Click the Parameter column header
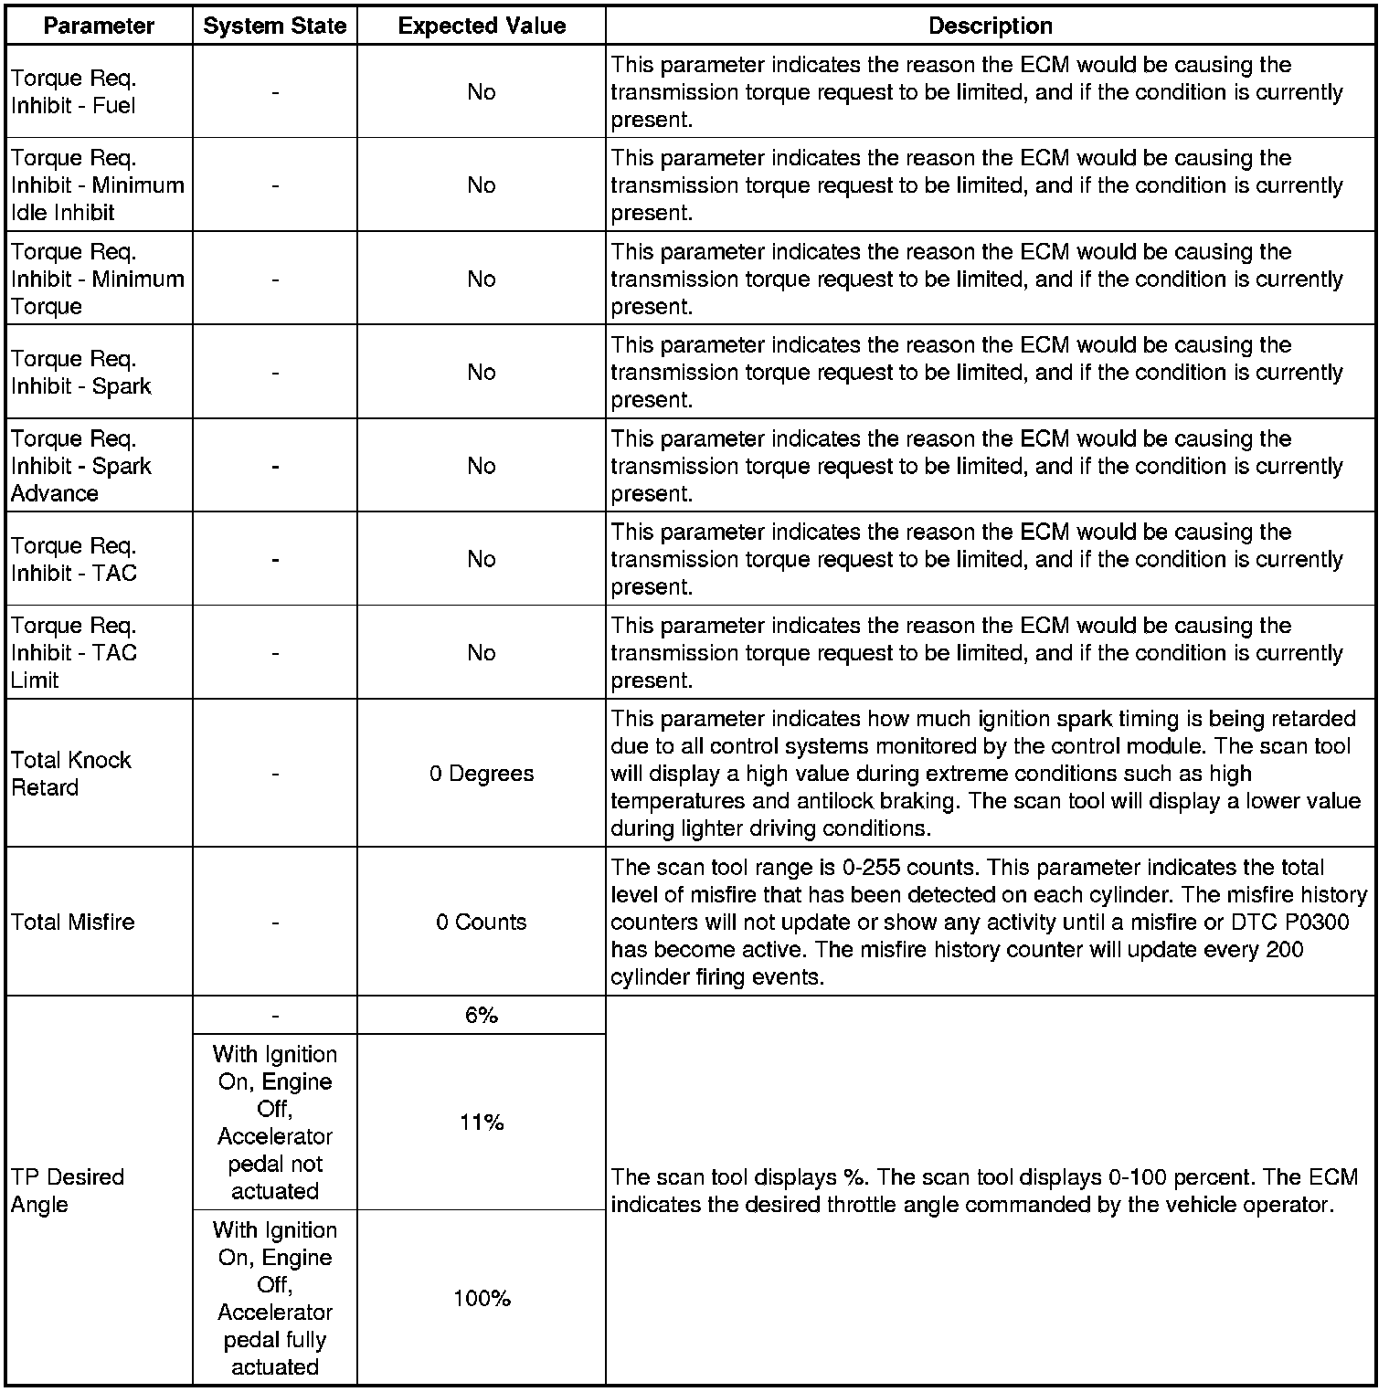point(99,26)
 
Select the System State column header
point(275,26)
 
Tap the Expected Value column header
point(482,26)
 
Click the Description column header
point(991,26)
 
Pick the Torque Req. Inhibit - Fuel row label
point(74,92)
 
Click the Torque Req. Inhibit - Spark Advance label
point(80,466)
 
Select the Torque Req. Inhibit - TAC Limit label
point(74,653)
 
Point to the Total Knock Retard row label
point(71,774)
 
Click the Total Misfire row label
point(73,922)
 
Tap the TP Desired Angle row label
point(68,1190)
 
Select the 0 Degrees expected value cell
point(482,774)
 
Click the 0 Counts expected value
point(482,922)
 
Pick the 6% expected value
point(482,1016)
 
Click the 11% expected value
point(482,1123)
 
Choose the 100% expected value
point(482,1298)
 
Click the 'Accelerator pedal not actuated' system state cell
point(275,1123)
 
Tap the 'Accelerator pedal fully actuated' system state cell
point(275,1298)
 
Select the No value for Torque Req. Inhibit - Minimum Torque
point(482,279)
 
